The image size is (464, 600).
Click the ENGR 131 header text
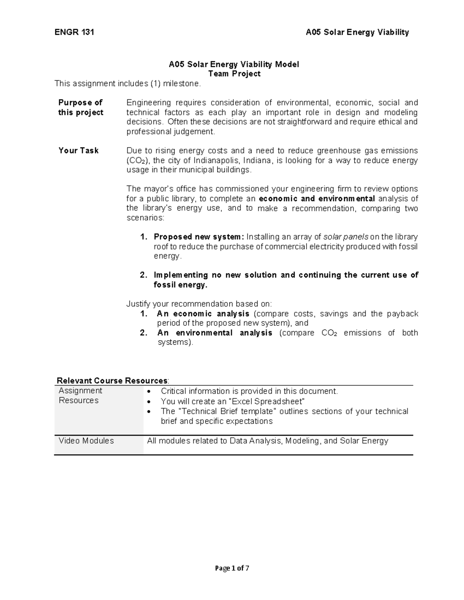click(x=74, y=32)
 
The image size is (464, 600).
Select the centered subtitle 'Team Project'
click(x=234, y=74)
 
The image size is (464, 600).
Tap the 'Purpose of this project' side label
click(x=80, y=107)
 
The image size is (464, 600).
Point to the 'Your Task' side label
click(x=78, y=151)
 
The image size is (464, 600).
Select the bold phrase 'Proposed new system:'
click(x=199, y=237)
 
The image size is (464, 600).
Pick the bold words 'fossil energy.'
click(x=181, y=285)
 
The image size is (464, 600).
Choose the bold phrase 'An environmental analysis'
click(x=215, y=333)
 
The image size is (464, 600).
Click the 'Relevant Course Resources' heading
click(x=112, y=381)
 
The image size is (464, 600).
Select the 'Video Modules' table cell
click(x=86, y=441)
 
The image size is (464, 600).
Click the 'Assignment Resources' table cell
click(x=80, y=396)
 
